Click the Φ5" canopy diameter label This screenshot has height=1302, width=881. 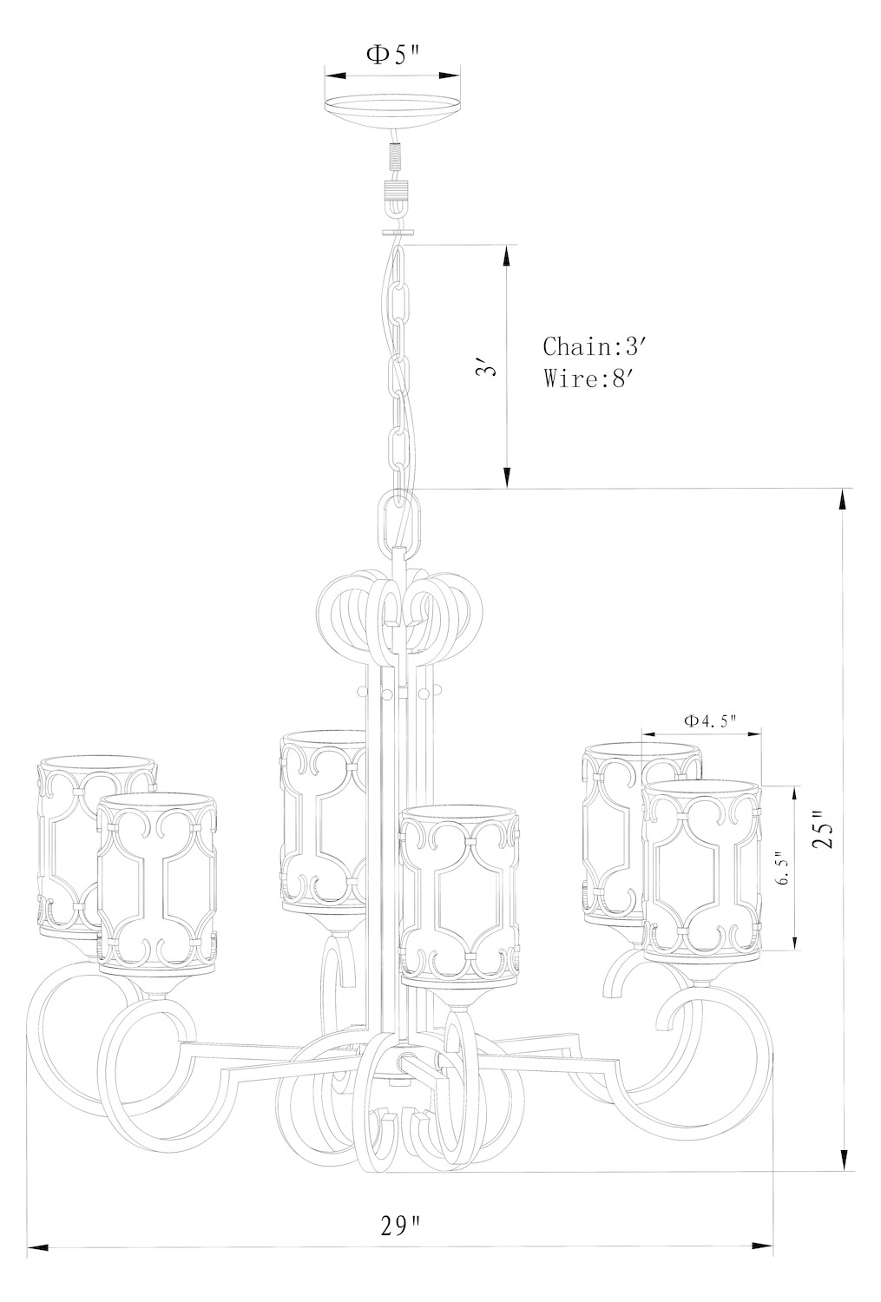click(x=391, y=55)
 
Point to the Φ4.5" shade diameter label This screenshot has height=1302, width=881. click(x=709, y=720)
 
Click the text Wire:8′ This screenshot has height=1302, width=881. click(x=587, y=379)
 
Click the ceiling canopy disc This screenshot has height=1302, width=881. click(x=392, y=108)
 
